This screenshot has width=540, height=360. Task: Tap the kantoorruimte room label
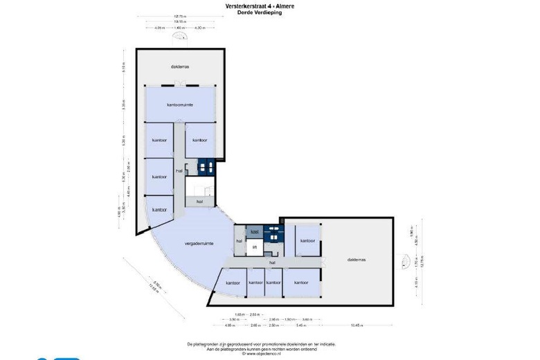pyautogui.click(x=179, y=105)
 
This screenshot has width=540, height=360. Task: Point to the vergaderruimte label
pyautogui.click(x=198, y=244)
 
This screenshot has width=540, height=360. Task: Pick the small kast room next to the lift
pyautogui.click(x=254, y=231)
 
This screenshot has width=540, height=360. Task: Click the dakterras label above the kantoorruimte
pyautogui.click(x=180, y=66)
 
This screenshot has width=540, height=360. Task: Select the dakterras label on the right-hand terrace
pyautogui.click(x=357, y=260)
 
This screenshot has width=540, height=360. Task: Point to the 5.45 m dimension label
pyautogui.click(x=301, y=325)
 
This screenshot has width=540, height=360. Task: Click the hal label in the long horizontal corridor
pyautogui.click(x=272, y=263)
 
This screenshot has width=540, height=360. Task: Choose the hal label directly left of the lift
pyautogui.click(x=239, y=241)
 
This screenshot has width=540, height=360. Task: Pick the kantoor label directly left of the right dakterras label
pyautogui.click(x=307, y=241)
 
